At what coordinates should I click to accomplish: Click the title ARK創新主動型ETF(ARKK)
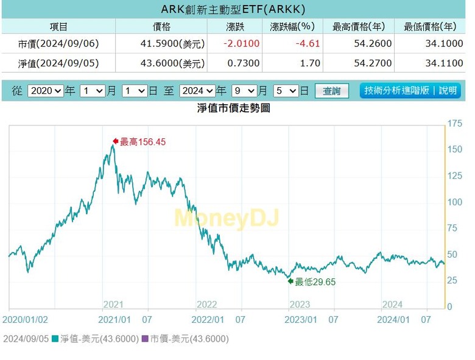pos(233,10)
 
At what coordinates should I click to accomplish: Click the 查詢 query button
pos(332,91)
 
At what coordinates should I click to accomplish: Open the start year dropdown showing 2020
pos(46,91)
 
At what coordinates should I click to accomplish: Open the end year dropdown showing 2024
pos(197,91)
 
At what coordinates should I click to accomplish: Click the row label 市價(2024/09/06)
pos(58,44)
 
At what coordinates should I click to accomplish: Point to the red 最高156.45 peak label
pos(142,142)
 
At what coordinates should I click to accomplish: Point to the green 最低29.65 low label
pos(314,282)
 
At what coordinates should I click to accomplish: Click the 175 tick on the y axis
pos(454,124)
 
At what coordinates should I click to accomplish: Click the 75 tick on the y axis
pos(452,228)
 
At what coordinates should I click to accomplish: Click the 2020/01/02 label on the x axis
pos(25,319)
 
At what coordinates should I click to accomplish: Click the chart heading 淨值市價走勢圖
pos(233,108)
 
